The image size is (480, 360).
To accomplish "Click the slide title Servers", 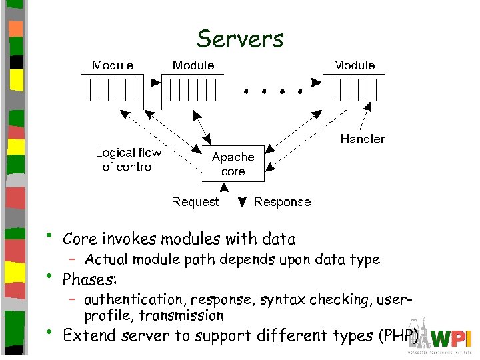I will [240, 39].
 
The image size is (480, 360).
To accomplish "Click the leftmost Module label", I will [113, 65].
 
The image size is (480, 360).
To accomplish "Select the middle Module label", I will [193, 65].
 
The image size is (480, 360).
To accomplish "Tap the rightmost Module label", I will [354, 65].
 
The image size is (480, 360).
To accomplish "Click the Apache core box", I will [233, 164].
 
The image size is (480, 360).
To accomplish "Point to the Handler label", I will [362, 139].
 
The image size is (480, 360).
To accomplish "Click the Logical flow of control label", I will [129, 159].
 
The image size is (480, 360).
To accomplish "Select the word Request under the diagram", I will [195, 201].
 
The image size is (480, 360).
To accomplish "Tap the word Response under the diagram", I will [282, 201].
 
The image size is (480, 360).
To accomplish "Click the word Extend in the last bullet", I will [87, 335].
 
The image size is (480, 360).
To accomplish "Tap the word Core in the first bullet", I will [79, 239].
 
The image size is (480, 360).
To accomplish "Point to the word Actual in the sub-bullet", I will [106, 259].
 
